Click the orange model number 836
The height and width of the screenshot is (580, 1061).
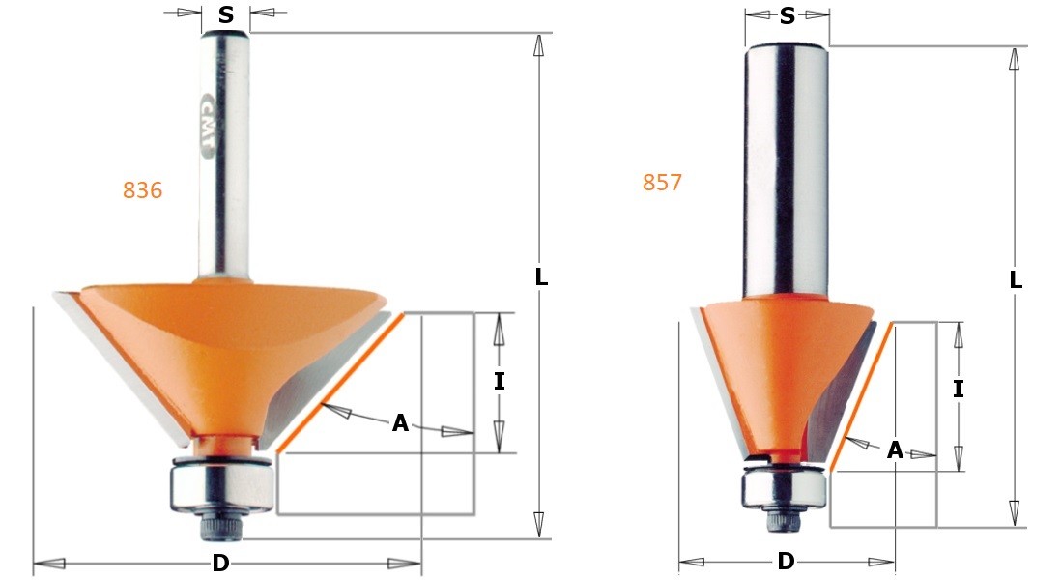point(142,191)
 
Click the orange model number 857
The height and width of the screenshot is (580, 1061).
point(662,183)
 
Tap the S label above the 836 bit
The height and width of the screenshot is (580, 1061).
point(226,14)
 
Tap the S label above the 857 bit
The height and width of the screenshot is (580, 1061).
point(788,16)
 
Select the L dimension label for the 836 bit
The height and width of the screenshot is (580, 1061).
point(541,277)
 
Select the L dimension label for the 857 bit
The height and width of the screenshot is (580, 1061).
point(1016,281)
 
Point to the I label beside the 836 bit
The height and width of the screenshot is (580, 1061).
point(499,382)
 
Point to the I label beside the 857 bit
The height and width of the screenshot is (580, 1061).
point(958,390)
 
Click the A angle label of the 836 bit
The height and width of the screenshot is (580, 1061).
point(400,423)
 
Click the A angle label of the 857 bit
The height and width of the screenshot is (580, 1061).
point(895,450)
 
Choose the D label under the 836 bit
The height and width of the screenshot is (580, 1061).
point(220,564)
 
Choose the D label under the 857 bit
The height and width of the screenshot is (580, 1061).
point(786,562)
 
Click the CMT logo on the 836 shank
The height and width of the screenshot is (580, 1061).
point(210,122)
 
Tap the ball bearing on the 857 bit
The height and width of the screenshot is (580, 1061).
point(784,488)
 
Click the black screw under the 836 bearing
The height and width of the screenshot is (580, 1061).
point(219,526)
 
